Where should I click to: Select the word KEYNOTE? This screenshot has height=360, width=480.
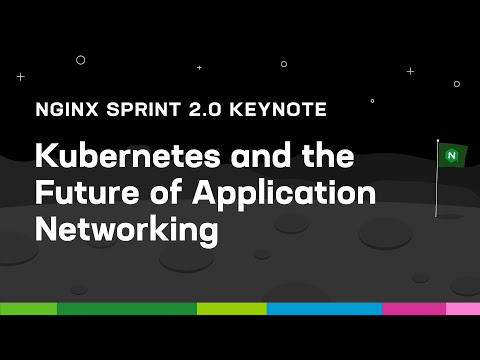(282, 107)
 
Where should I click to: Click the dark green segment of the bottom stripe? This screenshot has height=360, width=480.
(126, 308)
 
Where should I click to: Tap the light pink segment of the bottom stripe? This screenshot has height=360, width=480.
(462, 308)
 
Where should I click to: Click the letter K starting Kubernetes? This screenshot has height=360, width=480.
(46, 158)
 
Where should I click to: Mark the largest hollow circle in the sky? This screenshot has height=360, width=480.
(81, 60)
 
